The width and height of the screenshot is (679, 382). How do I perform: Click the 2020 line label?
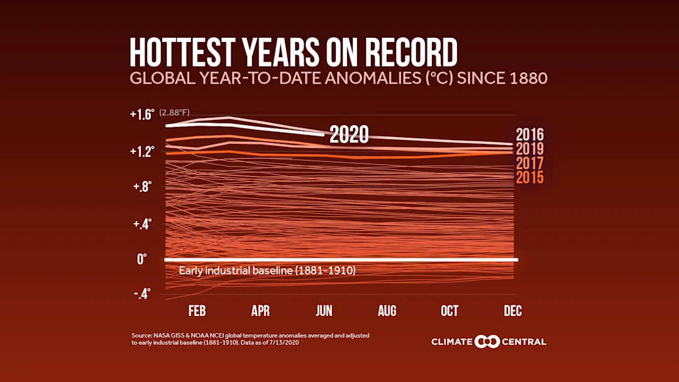click(349, 134)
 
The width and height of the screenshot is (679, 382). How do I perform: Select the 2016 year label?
click(529, 135)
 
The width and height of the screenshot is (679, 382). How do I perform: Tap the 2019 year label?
click(529, 150)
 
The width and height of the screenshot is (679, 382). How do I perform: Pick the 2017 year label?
click(529, 163)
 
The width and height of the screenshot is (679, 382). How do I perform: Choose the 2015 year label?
click(529, 178)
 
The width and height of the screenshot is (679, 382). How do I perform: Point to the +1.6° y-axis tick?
click(141, 115)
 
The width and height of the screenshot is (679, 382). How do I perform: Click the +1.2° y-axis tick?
click(141, 151)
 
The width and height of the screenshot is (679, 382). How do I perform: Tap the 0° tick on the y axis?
click(141, 259)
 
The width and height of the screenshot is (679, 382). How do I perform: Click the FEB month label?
click(197, 311)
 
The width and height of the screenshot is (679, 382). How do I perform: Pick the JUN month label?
click(323, 311)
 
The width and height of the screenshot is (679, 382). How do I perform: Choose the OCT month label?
click(450, 311)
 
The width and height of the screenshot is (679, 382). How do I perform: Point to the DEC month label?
click(512, 311)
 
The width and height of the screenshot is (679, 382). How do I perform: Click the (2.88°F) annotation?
click(174, 112)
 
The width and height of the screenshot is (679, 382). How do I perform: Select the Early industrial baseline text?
click(267, 271)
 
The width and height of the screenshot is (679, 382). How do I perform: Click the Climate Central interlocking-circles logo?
click(487, 342)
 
